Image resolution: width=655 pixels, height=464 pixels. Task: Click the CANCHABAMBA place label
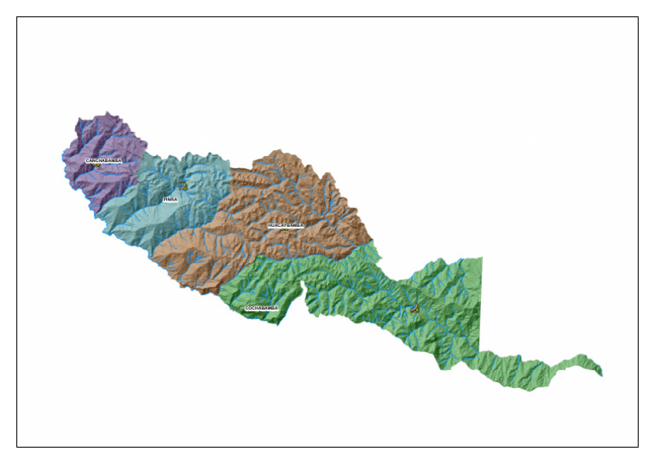(103, 160)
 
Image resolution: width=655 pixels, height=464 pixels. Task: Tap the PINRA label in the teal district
(171, 200)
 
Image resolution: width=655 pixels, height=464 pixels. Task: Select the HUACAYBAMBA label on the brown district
(286, 226)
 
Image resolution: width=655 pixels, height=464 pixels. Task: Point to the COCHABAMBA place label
(262, 308)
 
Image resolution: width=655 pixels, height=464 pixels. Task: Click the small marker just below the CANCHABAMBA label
(99, 165)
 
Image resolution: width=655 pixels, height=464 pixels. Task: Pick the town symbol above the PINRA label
(183, 185)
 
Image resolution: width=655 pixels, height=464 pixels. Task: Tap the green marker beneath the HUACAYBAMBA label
(284, 230)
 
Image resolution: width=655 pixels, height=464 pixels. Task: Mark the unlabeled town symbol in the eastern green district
(414, 310)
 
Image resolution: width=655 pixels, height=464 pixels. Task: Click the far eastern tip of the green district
(600, 371)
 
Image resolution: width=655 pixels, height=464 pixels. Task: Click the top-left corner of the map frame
(17, 17)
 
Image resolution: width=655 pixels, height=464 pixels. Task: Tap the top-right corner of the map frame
(638, 17)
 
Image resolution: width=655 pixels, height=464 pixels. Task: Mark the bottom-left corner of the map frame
(17, 446)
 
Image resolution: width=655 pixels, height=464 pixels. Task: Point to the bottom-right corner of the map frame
(638, 446)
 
